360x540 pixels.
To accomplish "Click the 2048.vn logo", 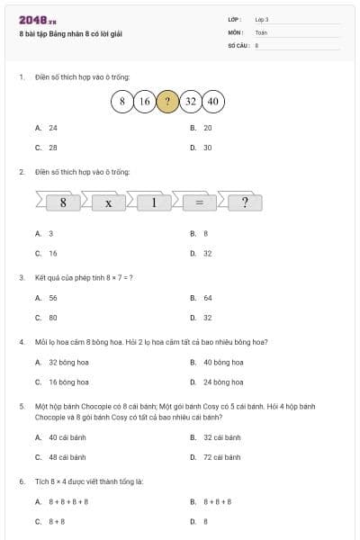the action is click(38, 19).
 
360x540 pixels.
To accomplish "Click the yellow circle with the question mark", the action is click(167, 102).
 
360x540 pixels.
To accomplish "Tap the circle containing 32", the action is click(190, 102).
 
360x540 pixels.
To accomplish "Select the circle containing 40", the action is click(213, 102).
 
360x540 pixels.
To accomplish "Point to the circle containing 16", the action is click(144, 102).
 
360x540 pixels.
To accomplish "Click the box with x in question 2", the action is click(108, 202).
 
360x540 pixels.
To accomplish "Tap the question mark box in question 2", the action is click(244, 202).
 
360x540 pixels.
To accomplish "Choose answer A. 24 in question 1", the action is click(52, 128).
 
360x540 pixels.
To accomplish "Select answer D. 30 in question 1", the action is click(207, 148).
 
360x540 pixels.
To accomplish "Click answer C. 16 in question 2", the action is click(52, 254).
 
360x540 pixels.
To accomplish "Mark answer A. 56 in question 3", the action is click(52, 298).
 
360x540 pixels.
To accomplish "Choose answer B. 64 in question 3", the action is click(207, 298).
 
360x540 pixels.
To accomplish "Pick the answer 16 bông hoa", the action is click(67, 382).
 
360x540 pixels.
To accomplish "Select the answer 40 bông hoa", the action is click(222, 363).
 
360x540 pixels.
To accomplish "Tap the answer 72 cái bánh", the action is click(221, 457).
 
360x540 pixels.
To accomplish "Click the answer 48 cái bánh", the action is click(67, 457).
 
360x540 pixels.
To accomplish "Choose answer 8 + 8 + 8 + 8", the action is click(68, 501).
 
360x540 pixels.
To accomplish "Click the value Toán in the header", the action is click(261, 32).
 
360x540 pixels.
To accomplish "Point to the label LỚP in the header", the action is click(235, 19).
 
